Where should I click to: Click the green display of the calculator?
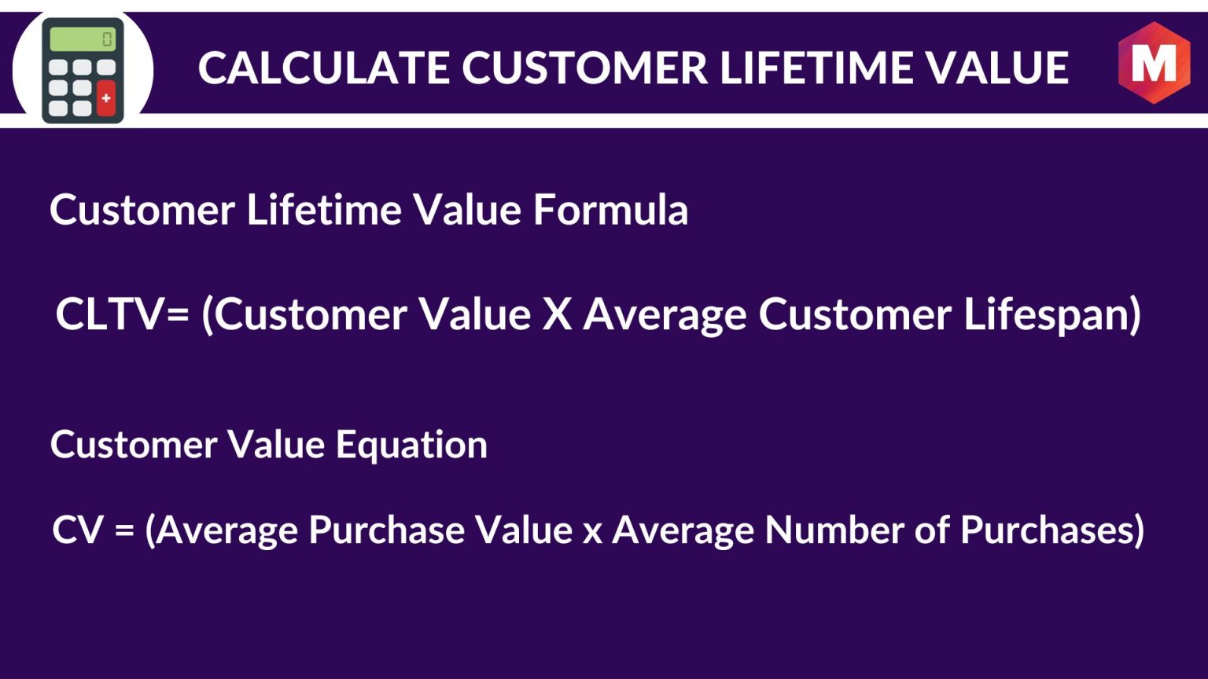pos(83,39)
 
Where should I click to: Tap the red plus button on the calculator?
pos(106,98)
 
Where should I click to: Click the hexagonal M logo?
pos(1154,63)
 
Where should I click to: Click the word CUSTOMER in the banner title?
pos(584,68)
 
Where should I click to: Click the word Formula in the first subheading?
pos(610,209)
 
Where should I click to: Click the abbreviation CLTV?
pos(109,314)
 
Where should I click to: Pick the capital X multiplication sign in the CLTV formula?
pos(557,314)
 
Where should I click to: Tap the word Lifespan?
pos(1044,316)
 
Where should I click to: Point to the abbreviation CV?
pos(77,530)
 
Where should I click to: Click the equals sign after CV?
pos(124,530)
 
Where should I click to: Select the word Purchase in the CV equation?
pos(386,530)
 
